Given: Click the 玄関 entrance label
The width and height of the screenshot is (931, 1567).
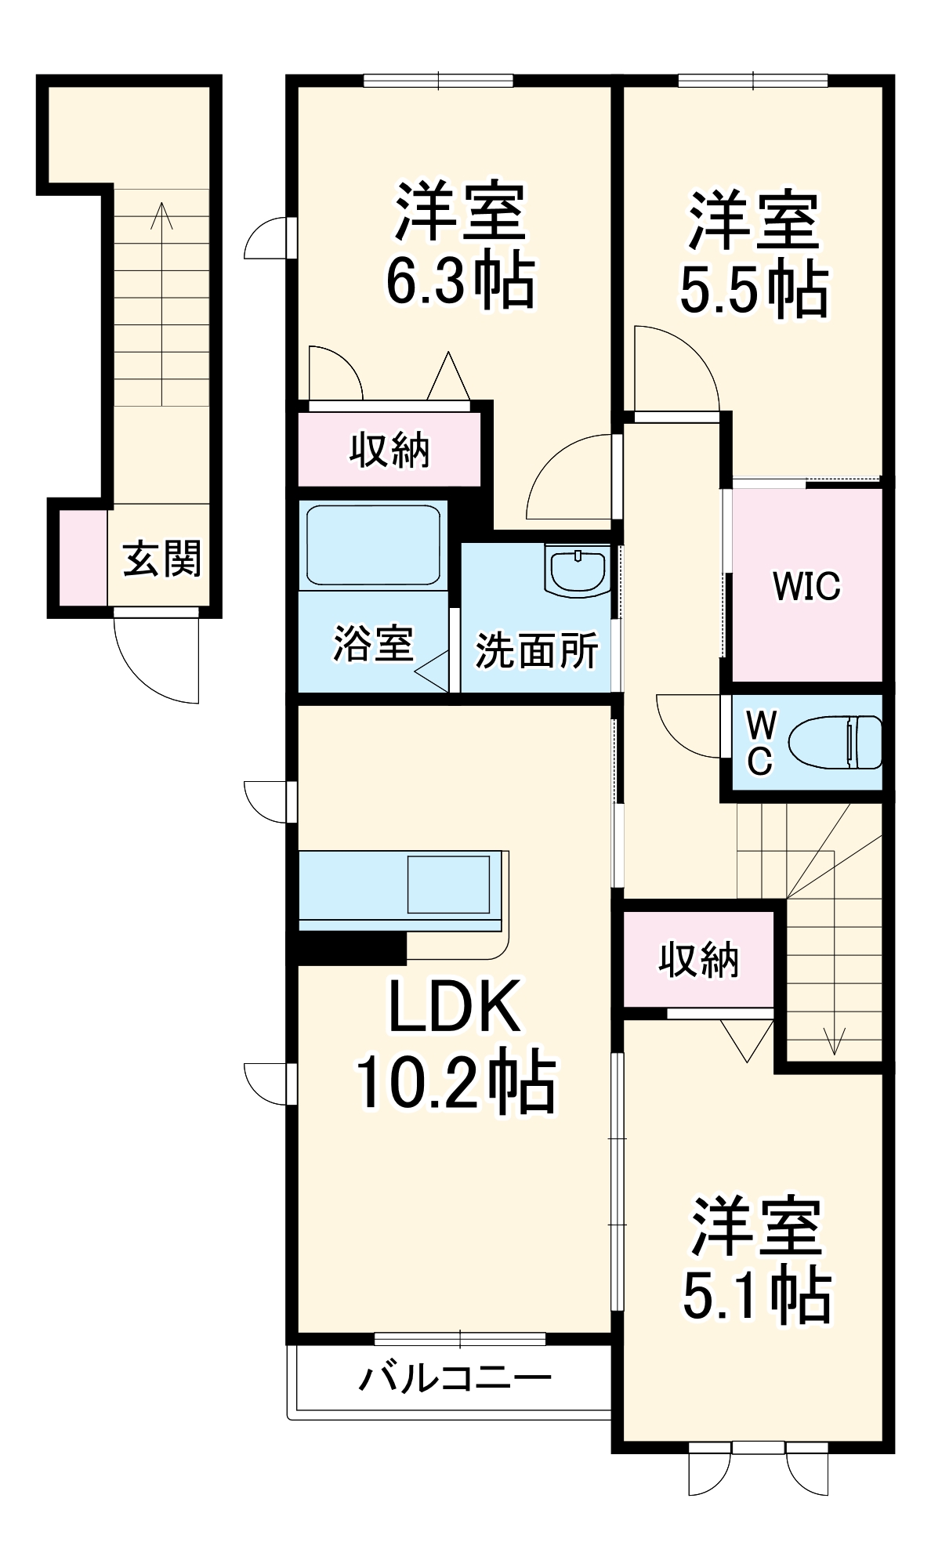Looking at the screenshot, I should coord(162,559).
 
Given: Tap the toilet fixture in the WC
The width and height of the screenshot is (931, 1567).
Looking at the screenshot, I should coord(835,742).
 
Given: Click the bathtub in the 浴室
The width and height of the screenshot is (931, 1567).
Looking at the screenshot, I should coord(373,545).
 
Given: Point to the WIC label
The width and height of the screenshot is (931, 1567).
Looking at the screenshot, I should coord(806,586).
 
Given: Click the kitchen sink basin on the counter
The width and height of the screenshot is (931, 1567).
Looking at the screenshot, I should coord(448,885).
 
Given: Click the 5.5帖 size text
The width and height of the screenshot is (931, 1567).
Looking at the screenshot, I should coord(753,290).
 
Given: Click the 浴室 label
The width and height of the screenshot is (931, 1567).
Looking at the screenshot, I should coord(372,644).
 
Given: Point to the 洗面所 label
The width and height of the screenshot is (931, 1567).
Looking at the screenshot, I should coord(537,650).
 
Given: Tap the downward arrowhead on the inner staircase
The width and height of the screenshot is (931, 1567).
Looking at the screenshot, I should coord(835,1046).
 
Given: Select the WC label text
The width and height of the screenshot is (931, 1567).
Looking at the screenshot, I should coord(759,743).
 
